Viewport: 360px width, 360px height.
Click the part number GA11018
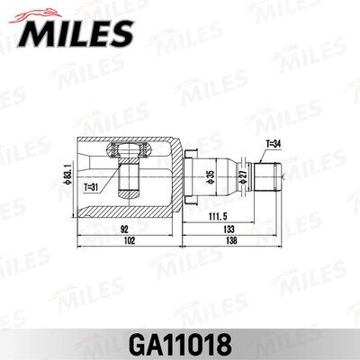[180, 343]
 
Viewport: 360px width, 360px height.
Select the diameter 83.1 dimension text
[68, 175]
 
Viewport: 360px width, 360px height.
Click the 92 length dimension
[123, 229]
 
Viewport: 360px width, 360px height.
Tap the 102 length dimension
[130, 241]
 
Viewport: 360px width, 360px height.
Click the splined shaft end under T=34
[268, 175]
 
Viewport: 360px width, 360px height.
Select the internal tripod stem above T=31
[128, 175]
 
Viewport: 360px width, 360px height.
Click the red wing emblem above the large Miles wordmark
[34, 12]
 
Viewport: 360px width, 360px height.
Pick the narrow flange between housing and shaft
[185, 175]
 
